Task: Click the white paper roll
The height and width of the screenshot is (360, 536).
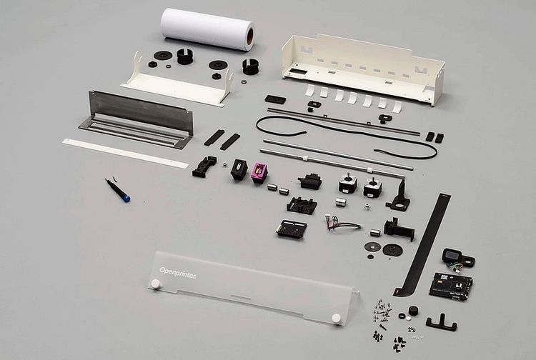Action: click(207, 29)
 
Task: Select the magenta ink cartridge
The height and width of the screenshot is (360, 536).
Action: click(260, 172)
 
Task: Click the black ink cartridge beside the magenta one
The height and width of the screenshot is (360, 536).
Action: click(239, 170)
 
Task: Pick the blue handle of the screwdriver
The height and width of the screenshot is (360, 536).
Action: click(126, 197)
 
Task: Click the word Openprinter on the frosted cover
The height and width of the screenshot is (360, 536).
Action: click(178, 274)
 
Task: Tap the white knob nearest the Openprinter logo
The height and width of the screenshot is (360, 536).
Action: click(156, 284)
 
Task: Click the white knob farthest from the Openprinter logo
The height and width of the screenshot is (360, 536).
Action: click(337, 319)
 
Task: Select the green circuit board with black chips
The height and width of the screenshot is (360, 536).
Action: click(451, 286)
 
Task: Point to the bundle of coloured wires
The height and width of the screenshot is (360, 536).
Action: click(342, 223)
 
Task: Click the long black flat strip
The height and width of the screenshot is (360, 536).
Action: click(422, 245)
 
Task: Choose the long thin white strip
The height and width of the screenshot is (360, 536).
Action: click(126, 153)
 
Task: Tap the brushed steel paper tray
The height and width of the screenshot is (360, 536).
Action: click(137, 119)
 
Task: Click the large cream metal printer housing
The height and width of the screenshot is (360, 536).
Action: click(363, 69)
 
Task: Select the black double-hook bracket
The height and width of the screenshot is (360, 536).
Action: click(442, 323)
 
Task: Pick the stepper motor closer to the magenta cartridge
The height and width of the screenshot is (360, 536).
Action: click(347, 184)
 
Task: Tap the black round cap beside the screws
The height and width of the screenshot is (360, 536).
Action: click(413, 311)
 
